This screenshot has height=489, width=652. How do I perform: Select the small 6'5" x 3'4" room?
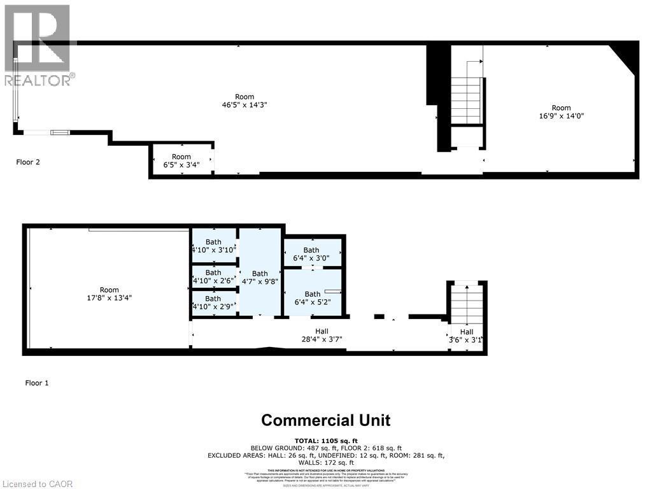(x=181, y=161)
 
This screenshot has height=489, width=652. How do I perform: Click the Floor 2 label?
(x=28, y=162)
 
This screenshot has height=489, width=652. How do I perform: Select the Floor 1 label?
(x=37, y=383)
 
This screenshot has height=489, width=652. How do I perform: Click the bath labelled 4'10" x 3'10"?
(x=213, y=246)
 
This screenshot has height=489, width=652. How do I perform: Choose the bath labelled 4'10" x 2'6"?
(x=213, y=276)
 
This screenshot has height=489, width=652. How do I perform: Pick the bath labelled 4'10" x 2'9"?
(x=213, y=302)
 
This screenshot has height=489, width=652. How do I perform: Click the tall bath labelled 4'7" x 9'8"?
(x=260, y=278)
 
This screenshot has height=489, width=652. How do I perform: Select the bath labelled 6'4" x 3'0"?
(x=311, y=254)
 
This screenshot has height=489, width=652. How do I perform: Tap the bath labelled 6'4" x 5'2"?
(x=312, y=298)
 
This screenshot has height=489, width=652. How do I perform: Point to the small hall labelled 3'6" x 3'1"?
(x=466, y=336)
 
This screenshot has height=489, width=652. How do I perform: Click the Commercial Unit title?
(x=326, y=420)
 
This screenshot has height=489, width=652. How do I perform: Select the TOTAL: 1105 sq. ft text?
(x=326, y=441)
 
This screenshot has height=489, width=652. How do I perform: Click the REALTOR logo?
(x=38, y=45)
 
